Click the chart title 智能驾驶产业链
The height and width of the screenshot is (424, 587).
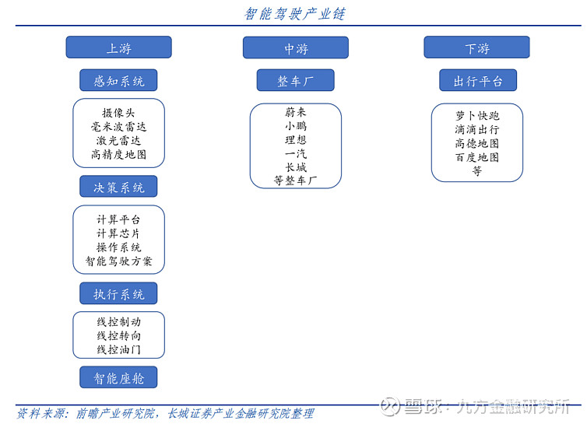pyautogui.click(x=294, y=14)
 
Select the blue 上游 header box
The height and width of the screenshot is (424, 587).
pyautogui.click(x=118, y=47)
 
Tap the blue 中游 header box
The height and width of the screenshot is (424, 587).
pyautogui.click(x=296, y=47)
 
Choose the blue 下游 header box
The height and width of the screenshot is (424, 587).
pyautogui.click(x=476, y=47)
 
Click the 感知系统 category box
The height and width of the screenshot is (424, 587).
pyautogui.click(x=118, y=80)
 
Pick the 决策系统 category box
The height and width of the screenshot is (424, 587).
pyautogui.click(x=118, y=187)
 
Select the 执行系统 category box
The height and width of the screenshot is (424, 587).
pyautogui.click(x=118, y=293)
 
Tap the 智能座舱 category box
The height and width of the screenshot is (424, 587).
pyautogui.click(x=118, y=377)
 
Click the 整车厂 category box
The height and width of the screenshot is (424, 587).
pyautogui.click(x=295, y=80)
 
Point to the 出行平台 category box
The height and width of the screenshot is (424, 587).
pyautogui.click(x=478, y=80)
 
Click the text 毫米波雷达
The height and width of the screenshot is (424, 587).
pyautogui.click(x=118, y=127)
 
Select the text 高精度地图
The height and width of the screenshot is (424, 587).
pyautogui.click(x=118, y=155)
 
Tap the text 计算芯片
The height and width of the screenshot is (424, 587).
pyautogui.click(x=118, y=233)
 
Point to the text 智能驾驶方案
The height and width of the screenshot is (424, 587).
pyautogui.click(x=118, y=261)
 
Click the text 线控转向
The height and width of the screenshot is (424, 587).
pyautogui.click(x=118, y=335)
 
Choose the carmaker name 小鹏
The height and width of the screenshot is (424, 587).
pyautogui.click(x=296, y=126)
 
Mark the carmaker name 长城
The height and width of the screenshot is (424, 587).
pyautogui.click(x=296, y=167)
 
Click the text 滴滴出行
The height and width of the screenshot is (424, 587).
pyautogui.click(x=477, y=129)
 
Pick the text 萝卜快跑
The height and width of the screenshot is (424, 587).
pyautogui.click(x=477, y=116)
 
